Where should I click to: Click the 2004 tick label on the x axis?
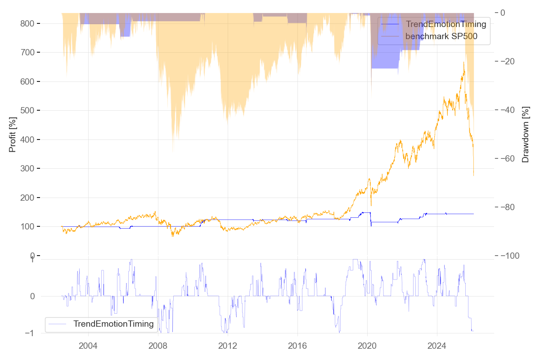point(88,346)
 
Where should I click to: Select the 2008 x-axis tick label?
point(158,346)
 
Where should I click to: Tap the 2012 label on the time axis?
point(228,346)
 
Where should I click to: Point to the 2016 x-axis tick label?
point(297,346)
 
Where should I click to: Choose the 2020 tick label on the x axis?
point(367,346)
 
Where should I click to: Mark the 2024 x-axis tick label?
point(437,346)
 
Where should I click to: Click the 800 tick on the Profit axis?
point(27,23)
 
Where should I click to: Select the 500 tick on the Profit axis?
point(27,111)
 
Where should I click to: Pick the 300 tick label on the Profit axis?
point(27,169)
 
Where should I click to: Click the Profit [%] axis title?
point(13,134)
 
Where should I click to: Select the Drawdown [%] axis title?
point(525,134)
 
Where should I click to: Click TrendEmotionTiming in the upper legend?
point(446,24)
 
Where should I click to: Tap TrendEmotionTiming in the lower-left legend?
point(113,324)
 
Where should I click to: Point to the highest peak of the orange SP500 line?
point(463,62)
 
